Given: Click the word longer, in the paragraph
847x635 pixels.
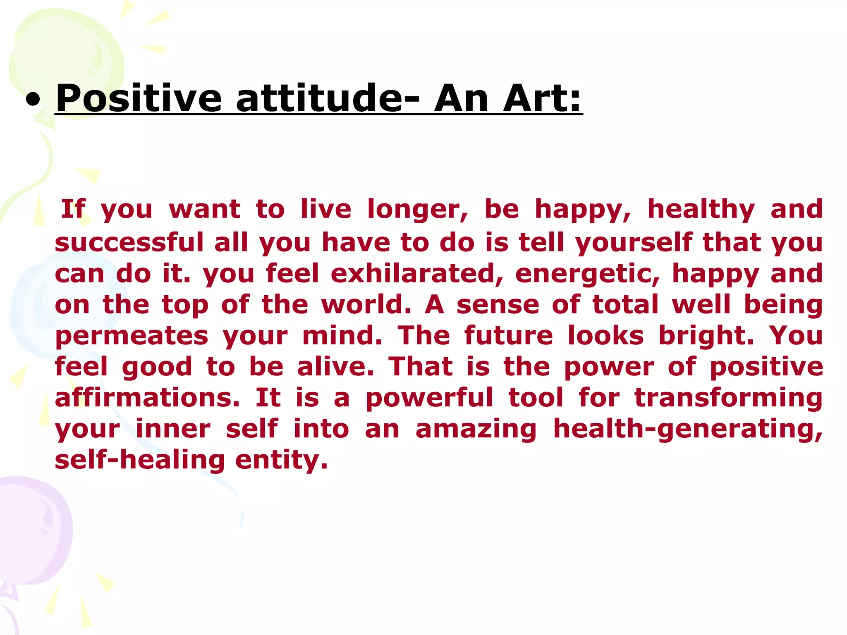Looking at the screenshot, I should [418, 210].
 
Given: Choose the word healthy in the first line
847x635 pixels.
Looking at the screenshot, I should [701, 210].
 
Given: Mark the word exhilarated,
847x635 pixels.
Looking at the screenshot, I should [417, 273].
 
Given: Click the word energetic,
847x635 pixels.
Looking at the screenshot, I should [588, 274].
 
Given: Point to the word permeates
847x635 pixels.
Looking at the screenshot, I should [132, 336].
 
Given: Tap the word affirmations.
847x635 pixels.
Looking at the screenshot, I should [147, 397].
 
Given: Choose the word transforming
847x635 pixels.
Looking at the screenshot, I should [728, 398].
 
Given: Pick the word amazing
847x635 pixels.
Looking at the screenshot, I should [476, 429].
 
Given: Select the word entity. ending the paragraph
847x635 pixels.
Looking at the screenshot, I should [282, 460].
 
